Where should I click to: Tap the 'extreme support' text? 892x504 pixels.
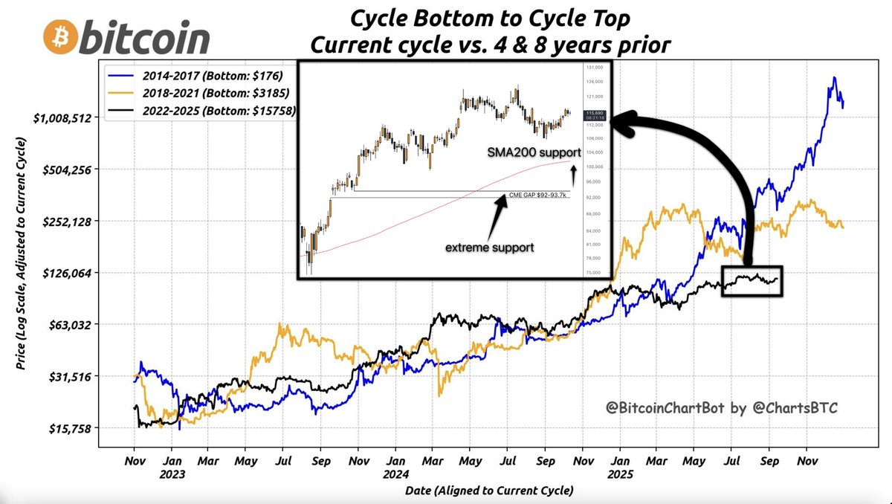(489, 247)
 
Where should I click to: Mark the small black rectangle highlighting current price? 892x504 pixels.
(752, 281)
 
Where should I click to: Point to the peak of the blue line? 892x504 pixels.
(835, 77)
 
